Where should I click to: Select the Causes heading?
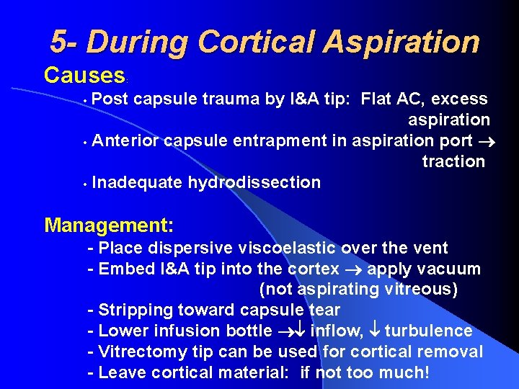(84, 74)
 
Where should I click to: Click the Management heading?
(109, 225)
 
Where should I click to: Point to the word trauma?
(232, 99)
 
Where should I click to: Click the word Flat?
(379, 99)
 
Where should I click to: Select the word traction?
(453, 161)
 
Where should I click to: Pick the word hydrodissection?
(254, 183)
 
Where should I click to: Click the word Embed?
(123, 269)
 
